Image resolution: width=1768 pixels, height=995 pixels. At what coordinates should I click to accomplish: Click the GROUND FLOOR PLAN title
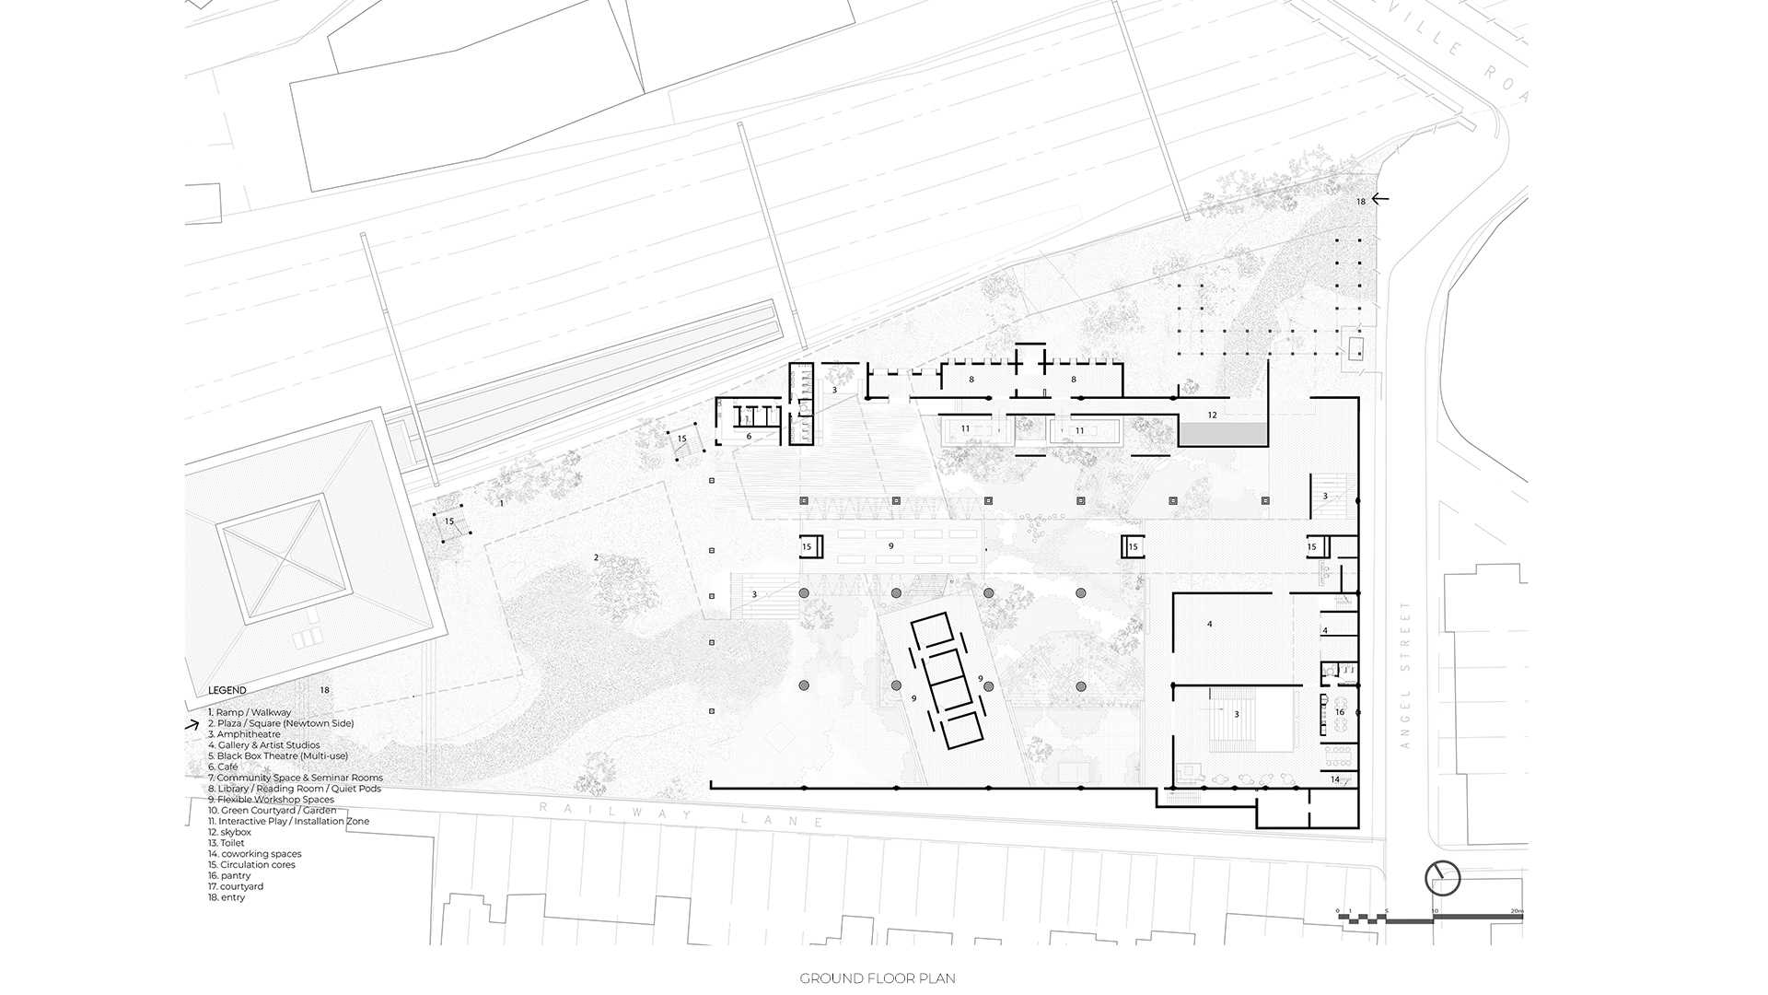[x=877, y=978]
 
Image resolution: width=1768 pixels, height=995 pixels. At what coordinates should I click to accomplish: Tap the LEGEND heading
[x=227, y=690]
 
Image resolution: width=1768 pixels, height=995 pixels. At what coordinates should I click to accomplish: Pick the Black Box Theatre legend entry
[x=277, y=755]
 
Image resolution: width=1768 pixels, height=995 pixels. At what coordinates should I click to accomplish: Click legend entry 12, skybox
[x=229, y=832]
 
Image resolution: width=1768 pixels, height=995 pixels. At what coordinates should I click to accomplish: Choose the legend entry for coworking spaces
[x=255, y=854]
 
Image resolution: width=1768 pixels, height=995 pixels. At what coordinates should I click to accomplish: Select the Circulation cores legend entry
[x=251, y=865]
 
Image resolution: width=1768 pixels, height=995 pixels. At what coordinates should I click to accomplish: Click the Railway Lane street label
[x=681, y=814]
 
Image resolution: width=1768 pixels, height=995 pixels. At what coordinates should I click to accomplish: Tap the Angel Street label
[x=1405, y=674]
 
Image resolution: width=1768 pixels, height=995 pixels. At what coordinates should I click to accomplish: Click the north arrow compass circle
[x=1442, y=879]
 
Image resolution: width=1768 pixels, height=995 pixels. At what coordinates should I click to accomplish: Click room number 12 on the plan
[x=1212, y=416]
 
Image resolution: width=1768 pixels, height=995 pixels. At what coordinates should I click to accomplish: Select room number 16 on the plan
[x=1340, y=712]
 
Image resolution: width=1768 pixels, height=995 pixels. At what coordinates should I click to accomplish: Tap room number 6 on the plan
[x=749, y=437]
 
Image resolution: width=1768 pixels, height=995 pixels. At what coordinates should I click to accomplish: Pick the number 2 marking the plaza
[x=596, y=557]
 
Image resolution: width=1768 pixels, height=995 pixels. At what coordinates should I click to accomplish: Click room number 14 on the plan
[x=1335, y=779]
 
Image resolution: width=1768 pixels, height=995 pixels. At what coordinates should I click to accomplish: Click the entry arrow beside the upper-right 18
[x=1379, y=198]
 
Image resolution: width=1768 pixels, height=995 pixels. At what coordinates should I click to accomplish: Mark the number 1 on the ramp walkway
[x=501, y=504]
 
